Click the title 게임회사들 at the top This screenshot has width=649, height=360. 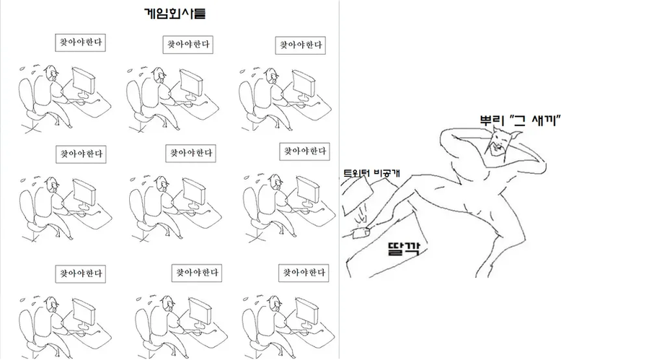tap(175, 14)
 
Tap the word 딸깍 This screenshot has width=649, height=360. tap(404, 249)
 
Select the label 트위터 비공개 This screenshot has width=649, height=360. tap(371, 173)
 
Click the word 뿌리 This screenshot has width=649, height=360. tap(491, 120)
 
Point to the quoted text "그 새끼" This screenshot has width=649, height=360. tap(535, 120)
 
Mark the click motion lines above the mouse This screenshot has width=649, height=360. tap(362, 213)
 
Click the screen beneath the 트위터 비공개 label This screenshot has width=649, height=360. tap(357, 195)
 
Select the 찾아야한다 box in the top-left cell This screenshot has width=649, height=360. tap(80, 43)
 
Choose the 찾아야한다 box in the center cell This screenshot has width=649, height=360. tap(190, 153)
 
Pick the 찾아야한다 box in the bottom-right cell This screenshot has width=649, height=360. tap(304, 273)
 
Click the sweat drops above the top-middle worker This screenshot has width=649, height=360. tap(139, 69)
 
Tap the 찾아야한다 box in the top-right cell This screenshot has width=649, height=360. tap(301, 45)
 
